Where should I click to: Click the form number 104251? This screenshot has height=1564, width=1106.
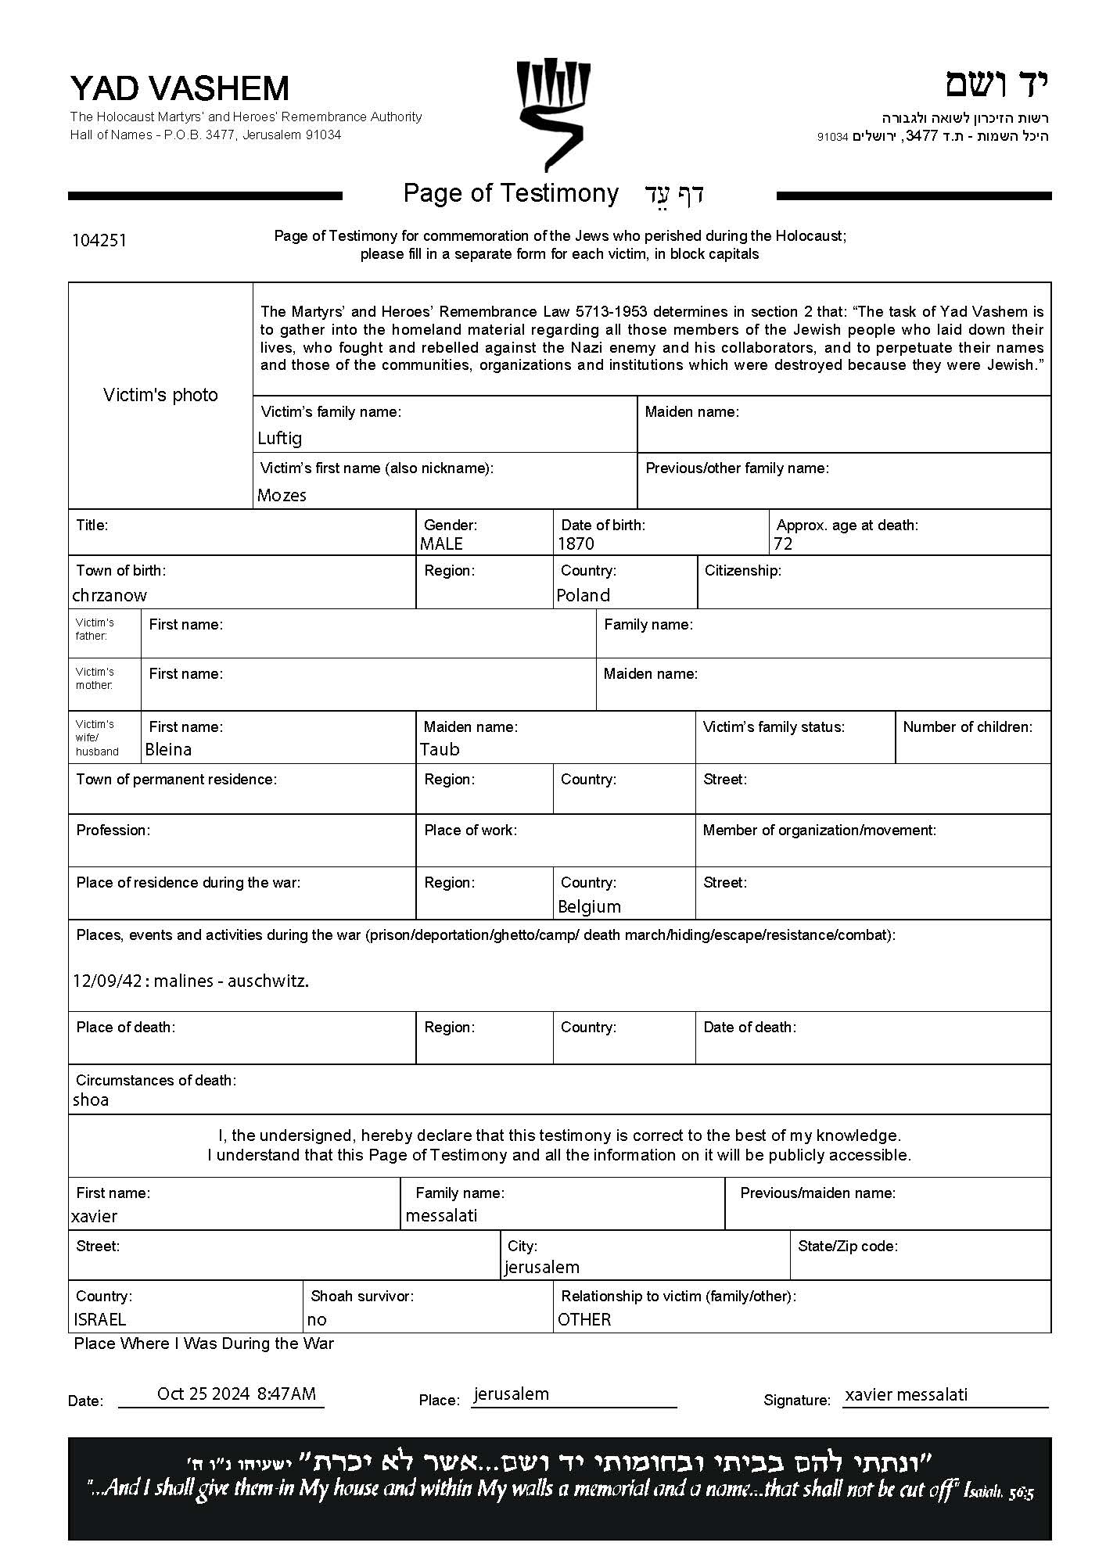(99, 240)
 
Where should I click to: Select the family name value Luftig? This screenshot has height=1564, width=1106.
(280, 438)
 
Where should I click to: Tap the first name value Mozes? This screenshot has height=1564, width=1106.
(282, 495)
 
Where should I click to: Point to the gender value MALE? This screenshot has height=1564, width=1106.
(441, 543)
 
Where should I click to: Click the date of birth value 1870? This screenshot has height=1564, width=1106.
(576, 543)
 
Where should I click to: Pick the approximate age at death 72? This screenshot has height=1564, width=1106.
(783, 543)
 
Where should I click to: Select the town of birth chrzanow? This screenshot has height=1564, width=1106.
(110, 595)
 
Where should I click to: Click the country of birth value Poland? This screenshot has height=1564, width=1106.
(583, 595)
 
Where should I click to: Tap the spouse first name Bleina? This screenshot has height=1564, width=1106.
(168, 749)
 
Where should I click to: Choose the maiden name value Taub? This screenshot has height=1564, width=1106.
(440, 749)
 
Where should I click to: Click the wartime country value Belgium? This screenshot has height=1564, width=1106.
(589, 906)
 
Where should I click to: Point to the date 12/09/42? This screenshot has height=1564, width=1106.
(107, 981)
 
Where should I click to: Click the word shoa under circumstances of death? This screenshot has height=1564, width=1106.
(91, 1099)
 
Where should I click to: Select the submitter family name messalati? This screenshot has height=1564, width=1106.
(441, 1215)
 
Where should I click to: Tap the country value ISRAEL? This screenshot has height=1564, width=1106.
(99, 1319)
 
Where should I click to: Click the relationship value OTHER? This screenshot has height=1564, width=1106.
(584, 1319)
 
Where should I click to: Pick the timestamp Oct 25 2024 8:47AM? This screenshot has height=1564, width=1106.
(236, 1394)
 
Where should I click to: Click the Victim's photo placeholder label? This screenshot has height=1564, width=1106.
(160, 395)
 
